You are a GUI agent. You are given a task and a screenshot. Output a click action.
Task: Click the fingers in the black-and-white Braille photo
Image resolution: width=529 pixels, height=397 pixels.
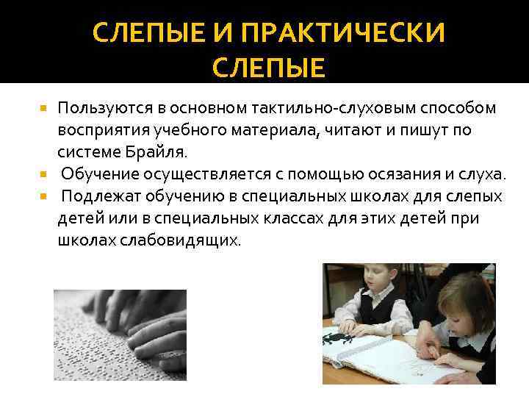(x=147, y=309)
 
